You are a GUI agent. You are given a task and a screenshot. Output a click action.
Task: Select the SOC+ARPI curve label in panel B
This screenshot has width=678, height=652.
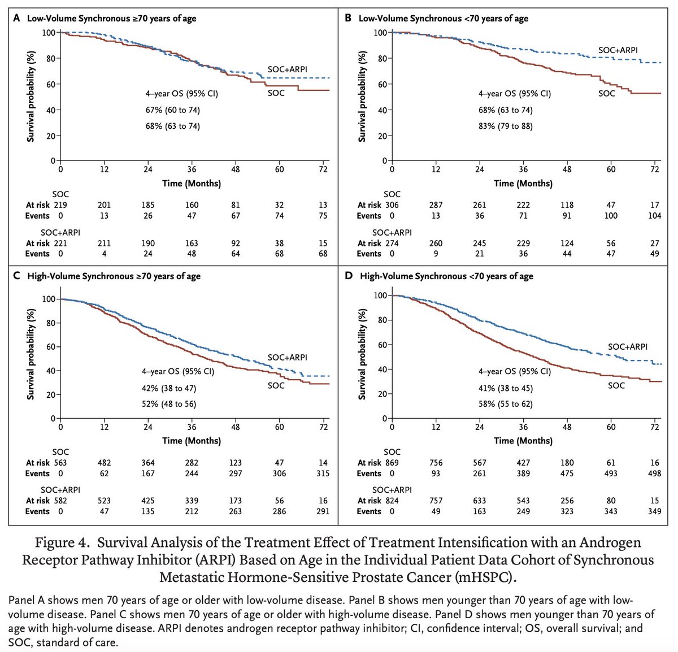(x=618, y=51)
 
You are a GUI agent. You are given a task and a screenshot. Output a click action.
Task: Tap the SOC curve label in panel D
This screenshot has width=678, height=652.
(x=616, y=385)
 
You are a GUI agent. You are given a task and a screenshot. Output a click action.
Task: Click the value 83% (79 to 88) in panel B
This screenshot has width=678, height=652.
(x=505, y=126)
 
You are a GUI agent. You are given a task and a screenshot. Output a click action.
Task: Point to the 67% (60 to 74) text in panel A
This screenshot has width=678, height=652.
(x=172, y=110)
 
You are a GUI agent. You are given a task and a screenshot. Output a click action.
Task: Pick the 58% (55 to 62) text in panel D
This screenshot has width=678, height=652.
(x=505, y=404)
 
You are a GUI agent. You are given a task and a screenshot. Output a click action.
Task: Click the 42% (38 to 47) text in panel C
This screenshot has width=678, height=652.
(x=169, y=389)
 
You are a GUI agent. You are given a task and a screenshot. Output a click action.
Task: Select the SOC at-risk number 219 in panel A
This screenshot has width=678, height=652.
(x=60, y=205)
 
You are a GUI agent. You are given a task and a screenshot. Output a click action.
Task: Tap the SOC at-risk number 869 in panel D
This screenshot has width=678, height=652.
(x=392, y=463)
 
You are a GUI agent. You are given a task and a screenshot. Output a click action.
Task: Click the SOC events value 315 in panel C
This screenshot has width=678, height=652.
(x=323, y=473)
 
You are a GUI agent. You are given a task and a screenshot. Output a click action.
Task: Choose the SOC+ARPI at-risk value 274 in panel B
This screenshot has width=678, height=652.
(x=392, y=244)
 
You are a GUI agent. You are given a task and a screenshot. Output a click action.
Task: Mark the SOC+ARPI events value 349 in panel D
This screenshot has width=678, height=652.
(x=654, y=511)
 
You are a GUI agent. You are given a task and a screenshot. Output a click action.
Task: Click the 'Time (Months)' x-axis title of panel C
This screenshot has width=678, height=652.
(x=192, y=441)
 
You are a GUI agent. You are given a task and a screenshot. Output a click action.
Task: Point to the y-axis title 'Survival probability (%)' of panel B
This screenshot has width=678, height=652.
(x=362, y=97)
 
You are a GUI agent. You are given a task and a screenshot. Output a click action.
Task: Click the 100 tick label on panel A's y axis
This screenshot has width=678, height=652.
(x=49, y=33)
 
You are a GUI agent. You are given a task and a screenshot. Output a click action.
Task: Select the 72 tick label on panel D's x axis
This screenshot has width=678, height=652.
(x=654, y=428)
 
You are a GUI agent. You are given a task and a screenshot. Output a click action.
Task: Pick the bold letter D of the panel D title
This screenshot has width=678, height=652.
(x=349, y=276)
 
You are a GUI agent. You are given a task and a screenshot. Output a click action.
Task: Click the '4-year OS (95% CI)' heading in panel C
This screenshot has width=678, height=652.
(x=177, y=372)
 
